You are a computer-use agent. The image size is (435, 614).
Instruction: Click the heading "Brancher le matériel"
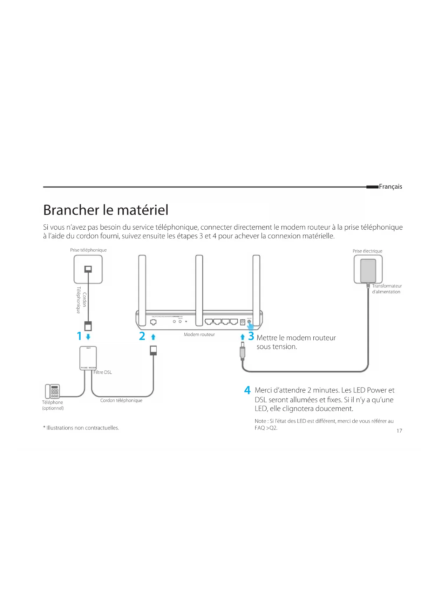click(x=106, y=210)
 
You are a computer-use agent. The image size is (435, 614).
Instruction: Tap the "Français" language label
click(x=390, y=187)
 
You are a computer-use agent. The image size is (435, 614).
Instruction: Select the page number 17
click(x=399, y=431)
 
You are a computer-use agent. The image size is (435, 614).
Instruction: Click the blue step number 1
click(x=79, y=336)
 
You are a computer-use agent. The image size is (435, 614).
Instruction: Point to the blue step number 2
click(x=142, y=336)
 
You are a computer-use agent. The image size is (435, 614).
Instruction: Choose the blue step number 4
click(x=247, y=390)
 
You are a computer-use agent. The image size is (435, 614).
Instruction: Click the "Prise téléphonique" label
click(x=88, y=250)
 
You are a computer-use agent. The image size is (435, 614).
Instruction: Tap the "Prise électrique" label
click(x=367, y=251)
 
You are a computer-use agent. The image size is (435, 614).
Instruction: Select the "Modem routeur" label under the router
click(x=199, y=335)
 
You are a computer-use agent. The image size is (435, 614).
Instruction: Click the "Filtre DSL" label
click(x=103, y=372)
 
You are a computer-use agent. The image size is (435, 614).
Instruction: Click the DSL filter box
click(x=88, y=358)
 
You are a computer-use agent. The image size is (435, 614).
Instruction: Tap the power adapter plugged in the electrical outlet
click(x=368, y=270)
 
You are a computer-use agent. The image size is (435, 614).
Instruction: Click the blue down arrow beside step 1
click(x=88, y=337)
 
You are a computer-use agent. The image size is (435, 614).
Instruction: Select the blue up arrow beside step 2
click(x=153, y=337)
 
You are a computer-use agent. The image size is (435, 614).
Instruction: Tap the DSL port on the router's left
click(x=153, y=322)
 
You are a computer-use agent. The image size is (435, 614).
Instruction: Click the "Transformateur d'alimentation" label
click(x=387, y=289)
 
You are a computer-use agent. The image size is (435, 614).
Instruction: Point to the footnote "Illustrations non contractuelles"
click(x=81, y=428)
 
